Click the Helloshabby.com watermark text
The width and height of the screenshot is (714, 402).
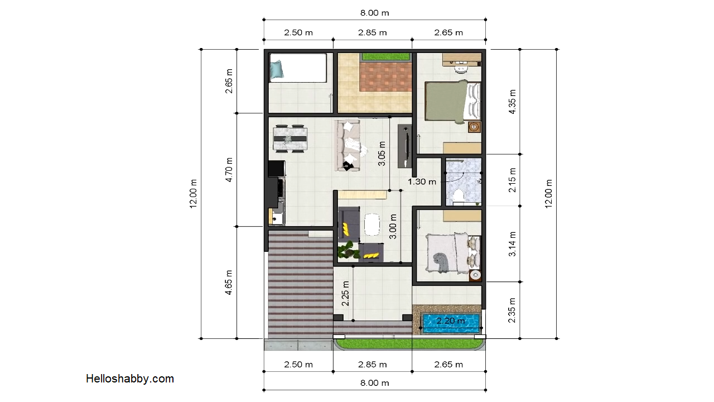130,379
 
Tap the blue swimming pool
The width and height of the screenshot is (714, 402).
451,323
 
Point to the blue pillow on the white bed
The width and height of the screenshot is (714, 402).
277,70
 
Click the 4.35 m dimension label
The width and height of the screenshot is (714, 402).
512,102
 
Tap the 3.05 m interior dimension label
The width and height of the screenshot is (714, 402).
382,154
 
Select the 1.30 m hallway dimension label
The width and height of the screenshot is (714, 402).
422,181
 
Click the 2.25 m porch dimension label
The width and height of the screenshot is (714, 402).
345,294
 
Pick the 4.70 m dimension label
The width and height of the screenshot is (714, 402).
229,170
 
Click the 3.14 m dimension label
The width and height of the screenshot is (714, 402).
512,244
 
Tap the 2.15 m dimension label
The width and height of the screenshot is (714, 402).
512,180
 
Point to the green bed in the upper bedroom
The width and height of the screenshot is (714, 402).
452,102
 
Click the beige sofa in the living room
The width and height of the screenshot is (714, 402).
348,145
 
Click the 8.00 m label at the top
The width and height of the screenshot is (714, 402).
374,13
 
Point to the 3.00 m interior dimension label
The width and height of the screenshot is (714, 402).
393,227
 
